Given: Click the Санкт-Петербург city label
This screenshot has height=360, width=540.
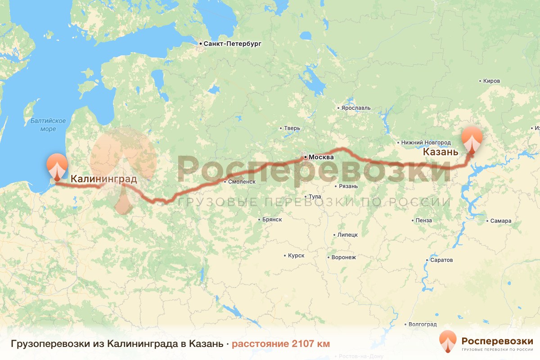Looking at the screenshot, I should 232,44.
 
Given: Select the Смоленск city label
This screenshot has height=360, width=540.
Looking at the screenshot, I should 242,182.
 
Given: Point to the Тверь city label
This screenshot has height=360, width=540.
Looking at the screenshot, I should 292,128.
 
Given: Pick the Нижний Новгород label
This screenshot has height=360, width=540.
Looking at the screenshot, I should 425,142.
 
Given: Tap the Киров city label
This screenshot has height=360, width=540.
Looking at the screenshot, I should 491,81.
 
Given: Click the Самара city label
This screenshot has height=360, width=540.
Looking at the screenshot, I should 501,221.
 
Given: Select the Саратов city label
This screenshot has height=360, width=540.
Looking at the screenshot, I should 441,260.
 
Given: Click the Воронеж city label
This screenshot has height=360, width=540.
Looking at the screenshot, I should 343,257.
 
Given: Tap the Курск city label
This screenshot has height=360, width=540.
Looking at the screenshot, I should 296,256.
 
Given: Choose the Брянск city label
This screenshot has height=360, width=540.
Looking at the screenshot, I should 272,220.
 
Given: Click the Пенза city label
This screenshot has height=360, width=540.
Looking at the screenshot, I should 424,220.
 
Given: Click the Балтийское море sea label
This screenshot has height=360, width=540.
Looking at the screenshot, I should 48,125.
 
